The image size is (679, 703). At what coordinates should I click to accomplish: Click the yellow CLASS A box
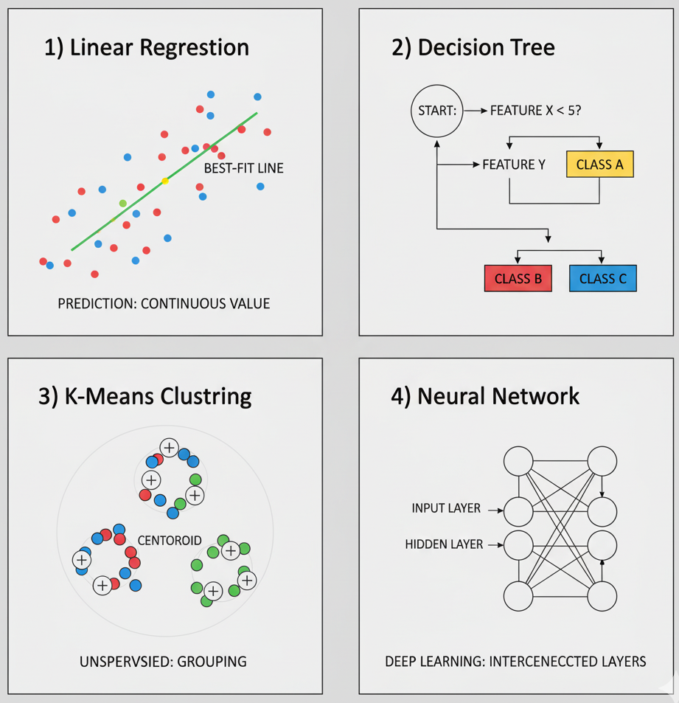click(599, 165)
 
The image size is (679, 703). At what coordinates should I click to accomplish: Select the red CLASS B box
click(518, 279)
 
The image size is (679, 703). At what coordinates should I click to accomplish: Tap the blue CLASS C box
click(602, 279)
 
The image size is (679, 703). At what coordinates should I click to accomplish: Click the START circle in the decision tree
click(437, 112)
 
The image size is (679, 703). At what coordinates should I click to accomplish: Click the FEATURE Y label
click(514, 165)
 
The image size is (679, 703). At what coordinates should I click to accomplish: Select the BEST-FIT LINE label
click(243, 169)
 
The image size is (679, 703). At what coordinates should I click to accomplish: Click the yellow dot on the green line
click(165, 181)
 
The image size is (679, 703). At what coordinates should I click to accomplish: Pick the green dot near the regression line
click(122, 203)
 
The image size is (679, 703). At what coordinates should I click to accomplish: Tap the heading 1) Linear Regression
click(147, 48)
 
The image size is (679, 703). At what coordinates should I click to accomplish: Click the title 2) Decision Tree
click(473, 48)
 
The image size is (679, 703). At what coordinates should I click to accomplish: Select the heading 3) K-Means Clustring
click(144, 396)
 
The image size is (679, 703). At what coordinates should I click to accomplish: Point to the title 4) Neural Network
click(485, 396)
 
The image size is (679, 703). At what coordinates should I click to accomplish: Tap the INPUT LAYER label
click(447, 508)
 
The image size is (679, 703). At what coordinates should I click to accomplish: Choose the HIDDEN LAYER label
click(444, 544)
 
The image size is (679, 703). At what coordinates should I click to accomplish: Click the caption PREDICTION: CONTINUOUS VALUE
click(164, 303)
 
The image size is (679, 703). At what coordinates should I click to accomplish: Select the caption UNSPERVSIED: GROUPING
click(163, 662)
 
